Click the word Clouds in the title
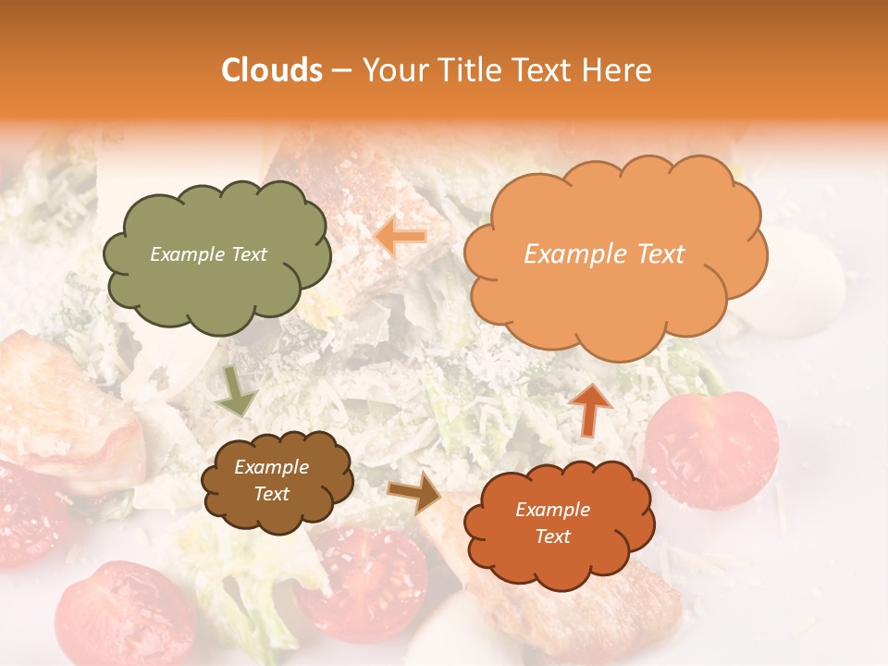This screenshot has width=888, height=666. pyautogui.click(x=273, y=70)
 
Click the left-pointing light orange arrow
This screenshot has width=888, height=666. pyautogui.click(x=401, y=236)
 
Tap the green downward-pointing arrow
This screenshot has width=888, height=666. pyautogui.click(x=236, y=393)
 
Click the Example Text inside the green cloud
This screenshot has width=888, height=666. pyautogui.click(x=208, y=254)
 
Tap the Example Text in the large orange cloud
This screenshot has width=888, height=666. pyautogui.click(x=604, y=254)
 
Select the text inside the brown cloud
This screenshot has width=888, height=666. pyautogui.click(x=272, y=480)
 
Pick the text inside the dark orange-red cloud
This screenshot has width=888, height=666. pyautogui.click(x=552, y=523)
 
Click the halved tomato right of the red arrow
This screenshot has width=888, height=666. pyautogui.click(x=712, y=449)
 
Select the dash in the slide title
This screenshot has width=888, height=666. pyautogui.click(x=341, y=71)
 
